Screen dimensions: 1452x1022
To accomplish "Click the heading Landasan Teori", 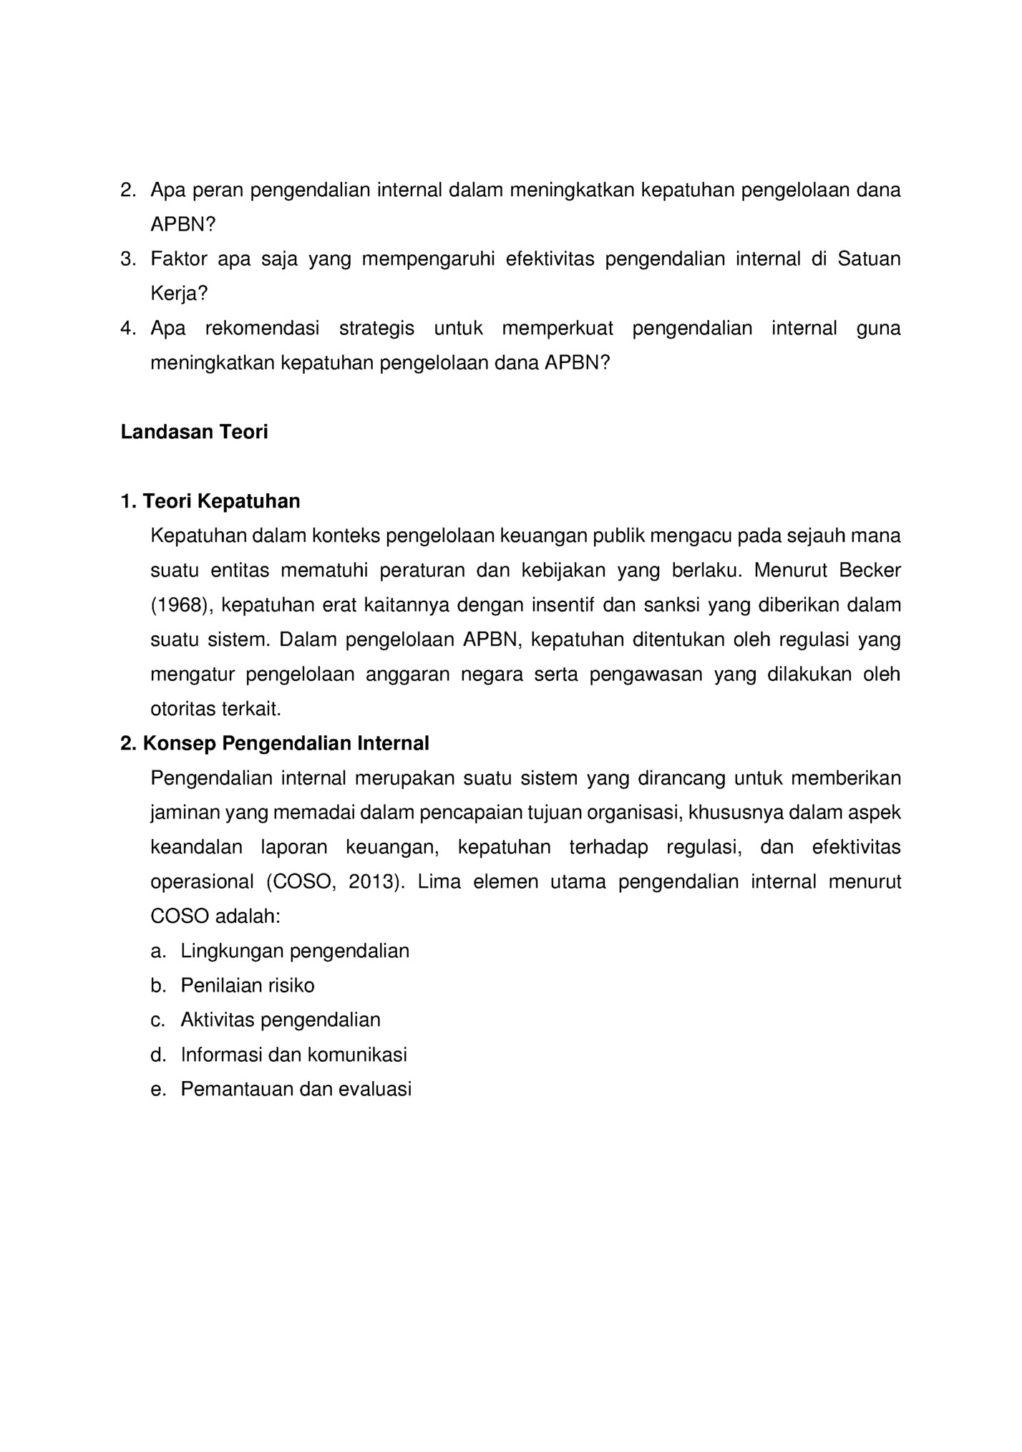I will pos(194,432).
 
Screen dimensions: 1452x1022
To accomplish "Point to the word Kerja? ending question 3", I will pos(179,294).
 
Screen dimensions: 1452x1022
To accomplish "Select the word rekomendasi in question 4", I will pos(262,329).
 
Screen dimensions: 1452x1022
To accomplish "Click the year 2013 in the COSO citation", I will pos(371,882).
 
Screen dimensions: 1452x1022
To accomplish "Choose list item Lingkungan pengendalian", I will pos(295,952).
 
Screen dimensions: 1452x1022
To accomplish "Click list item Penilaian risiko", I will pos(248,986).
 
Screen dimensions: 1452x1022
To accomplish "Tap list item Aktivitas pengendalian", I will pos(281,1020).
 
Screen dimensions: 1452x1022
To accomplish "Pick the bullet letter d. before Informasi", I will pos(158,1055).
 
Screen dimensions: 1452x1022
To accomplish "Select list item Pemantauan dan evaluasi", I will pos(296,1090).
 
